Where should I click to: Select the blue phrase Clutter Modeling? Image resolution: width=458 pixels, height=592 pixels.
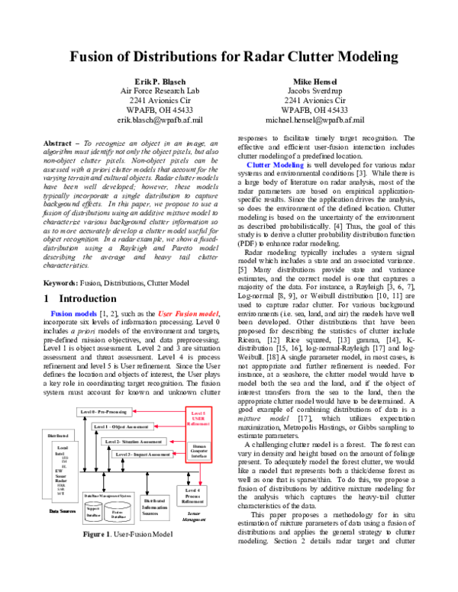click(x=272, y=164)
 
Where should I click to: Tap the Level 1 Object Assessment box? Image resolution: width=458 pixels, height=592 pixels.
click(x=126, y=427)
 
